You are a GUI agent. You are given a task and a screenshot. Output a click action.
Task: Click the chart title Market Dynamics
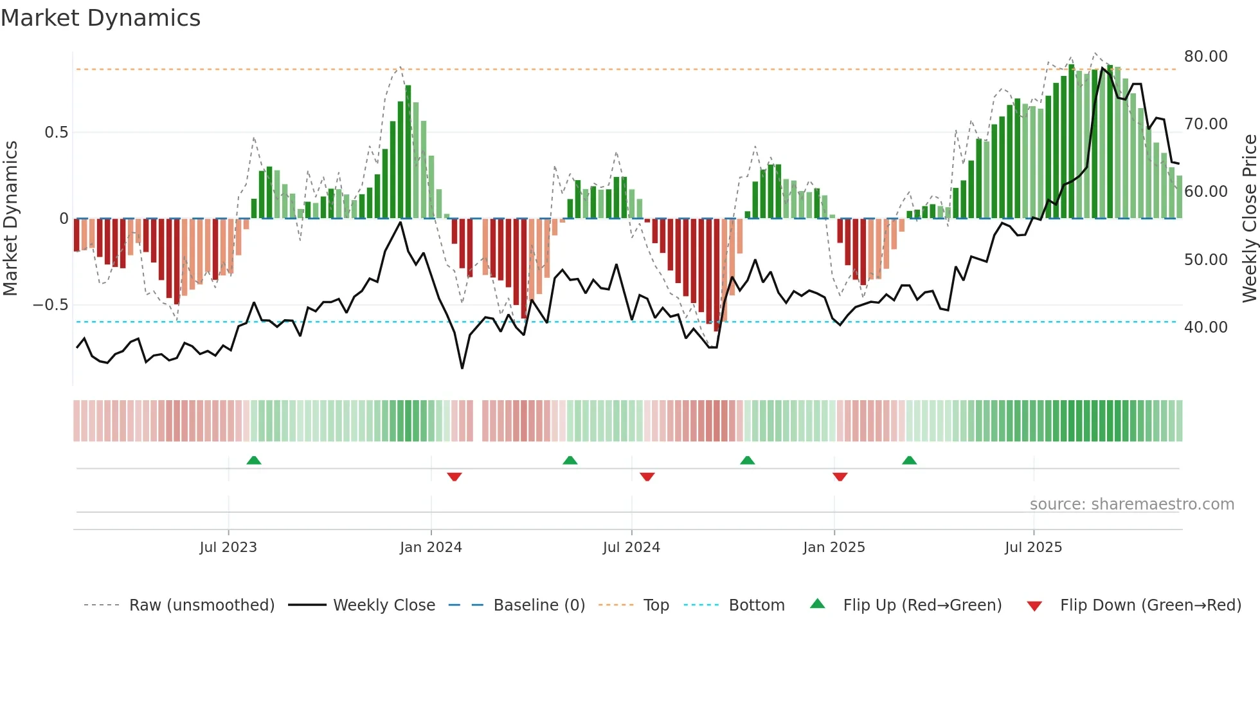pyautogui.click(x=100, y=18)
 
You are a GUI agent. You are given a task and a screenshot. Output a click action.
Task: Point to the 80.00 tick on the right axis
pyautogui.click(x=1205, y=57)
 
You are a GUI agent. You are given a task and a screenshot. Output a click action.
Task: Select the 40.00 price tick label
pyautogui.click(x=1205, y=327)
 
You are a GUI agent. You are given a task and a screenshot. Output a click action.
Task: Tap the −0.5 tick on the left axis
pyautogui.click(x=50, y=305)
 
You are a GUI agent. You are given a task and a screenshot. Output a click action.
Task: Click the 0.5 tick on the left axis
pyautogui.click(x=56, y=133)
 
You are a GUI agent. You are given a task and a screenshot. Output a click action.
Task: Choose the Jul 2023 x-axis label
pyautogui.click(x=228, y=548)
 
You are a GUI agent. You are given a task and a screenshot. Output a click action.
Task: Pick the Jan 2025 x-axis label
pyautogui.click(x=834, y=548)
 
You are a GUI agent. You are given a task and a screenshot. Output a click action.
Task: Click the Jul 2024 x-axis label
pyautogui.click(x=631, y=548)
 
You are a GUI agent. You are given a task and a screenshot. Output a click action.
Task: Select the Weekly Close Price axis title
pyautogui.click(x=1249, y=218)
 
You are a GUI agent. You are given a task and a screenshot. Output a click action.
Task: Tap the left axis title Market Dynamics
pyautogui.click(x=10, y=218)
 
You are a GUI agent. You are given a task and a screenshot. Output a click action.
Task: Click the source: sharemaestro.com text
pyautogui.click(x=1131, y=504)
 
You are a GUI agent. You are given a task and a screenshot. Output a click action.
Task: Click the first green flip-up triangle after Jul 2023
pyautogui.click(x=254, y=461)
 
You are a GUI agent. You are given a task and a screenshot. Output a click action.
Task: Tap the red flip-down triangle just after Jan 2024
pyautogui.click(x=455, y=477)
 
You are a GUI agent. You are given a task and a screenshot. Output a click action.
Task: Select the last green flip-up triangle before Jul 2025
pyautogui.click(x=909, y=461)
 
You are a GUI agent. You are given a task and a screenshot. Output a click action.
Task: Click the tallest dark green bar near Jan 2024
pyautogui.click(x=408, y=152)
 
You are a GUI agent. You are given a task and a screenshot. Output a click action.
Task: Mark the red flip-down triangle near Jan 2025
pyautogui.click(x=840, y=477)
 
